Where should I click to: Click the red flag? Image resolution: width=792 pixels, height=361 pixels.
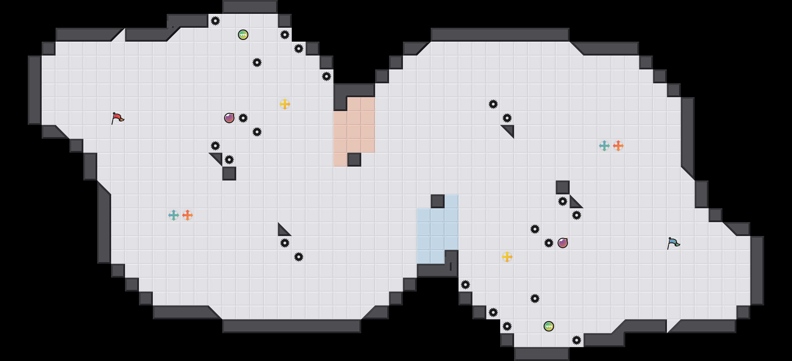click(117, 118)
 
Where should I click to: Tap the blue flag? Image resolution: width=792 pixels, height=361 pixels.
click(673, 243)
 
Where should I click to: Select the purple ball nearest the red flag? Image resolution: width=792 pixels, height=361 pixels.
click(229, 118)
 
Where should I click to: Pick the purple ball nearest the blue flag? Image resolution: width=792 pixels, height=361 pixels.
click(563, 243)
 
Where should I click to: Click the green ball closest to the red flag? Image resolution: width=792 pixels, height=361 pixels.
click(243, 35)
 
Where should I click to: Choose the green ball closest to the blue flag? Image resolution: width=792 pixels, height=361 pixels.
click(549, 326)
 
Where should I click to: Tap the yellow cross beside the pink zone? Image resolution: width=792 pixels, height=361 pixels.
click(285, 104)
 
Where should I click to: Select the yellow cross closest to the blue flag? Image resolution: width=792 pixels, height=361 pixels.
click(507, 257)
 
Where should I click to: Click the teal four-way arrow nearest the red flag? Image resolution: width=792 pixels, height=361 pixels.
click(174, 215)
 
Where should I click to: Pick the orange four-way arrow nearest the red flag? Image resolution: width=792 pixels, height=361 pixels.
click(188, 215)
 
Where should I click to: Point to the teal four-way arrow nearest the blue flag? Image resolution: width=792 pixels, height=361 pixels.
click(604, 146)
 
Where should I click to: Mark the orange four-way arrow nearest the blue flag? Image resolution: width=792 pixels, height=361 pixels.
click(618, 146)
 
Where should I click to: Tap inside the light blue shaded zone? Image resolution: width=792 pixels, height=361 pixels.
click(438, 229)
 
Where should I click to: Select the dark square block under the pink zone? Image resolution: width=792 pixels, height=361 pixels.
click(354, 160)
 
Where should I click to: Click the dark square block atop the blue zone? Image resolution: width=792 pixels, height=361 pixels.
click(438, 201)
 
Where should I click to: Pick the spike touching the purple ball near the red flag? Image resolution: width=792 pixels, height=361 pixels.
click(243, 118)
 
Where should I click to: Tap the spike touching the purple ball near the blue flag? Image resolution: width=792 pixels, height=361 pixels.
click(549, 243)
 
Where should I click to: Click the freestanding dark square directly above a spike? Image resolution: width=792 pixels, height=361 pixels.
click(563, 187)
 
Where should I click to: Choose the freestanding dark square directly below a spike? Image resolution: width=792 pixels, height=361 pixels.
click(229, 174)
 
